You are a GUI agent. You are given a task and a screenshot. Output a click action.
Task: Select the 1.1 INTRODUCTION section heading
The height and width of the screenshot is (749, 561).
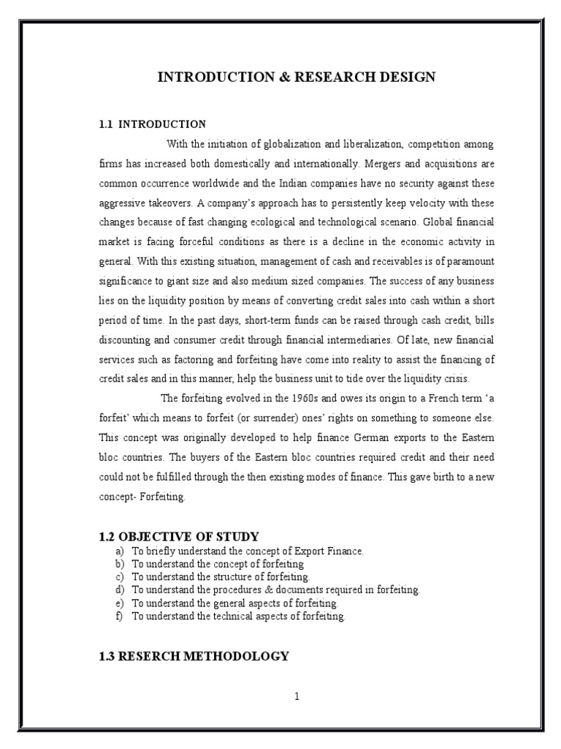pyautogui.click(x=153, y=124)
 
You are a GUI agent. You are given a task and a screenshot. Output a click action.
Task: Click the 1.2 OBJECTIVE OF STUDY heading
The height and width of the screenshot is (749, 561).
pyautogui.click(x=179, y=537)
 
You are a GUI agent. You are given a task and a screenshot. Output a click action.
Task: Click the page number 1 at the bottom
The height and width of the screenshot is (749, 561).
pyautogui.click(x=297, y=696)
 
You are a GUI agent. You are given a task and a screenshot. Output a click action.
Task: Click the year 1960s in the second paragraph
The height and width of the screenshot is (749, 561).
pyautogui.click(x=275, y=398)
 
